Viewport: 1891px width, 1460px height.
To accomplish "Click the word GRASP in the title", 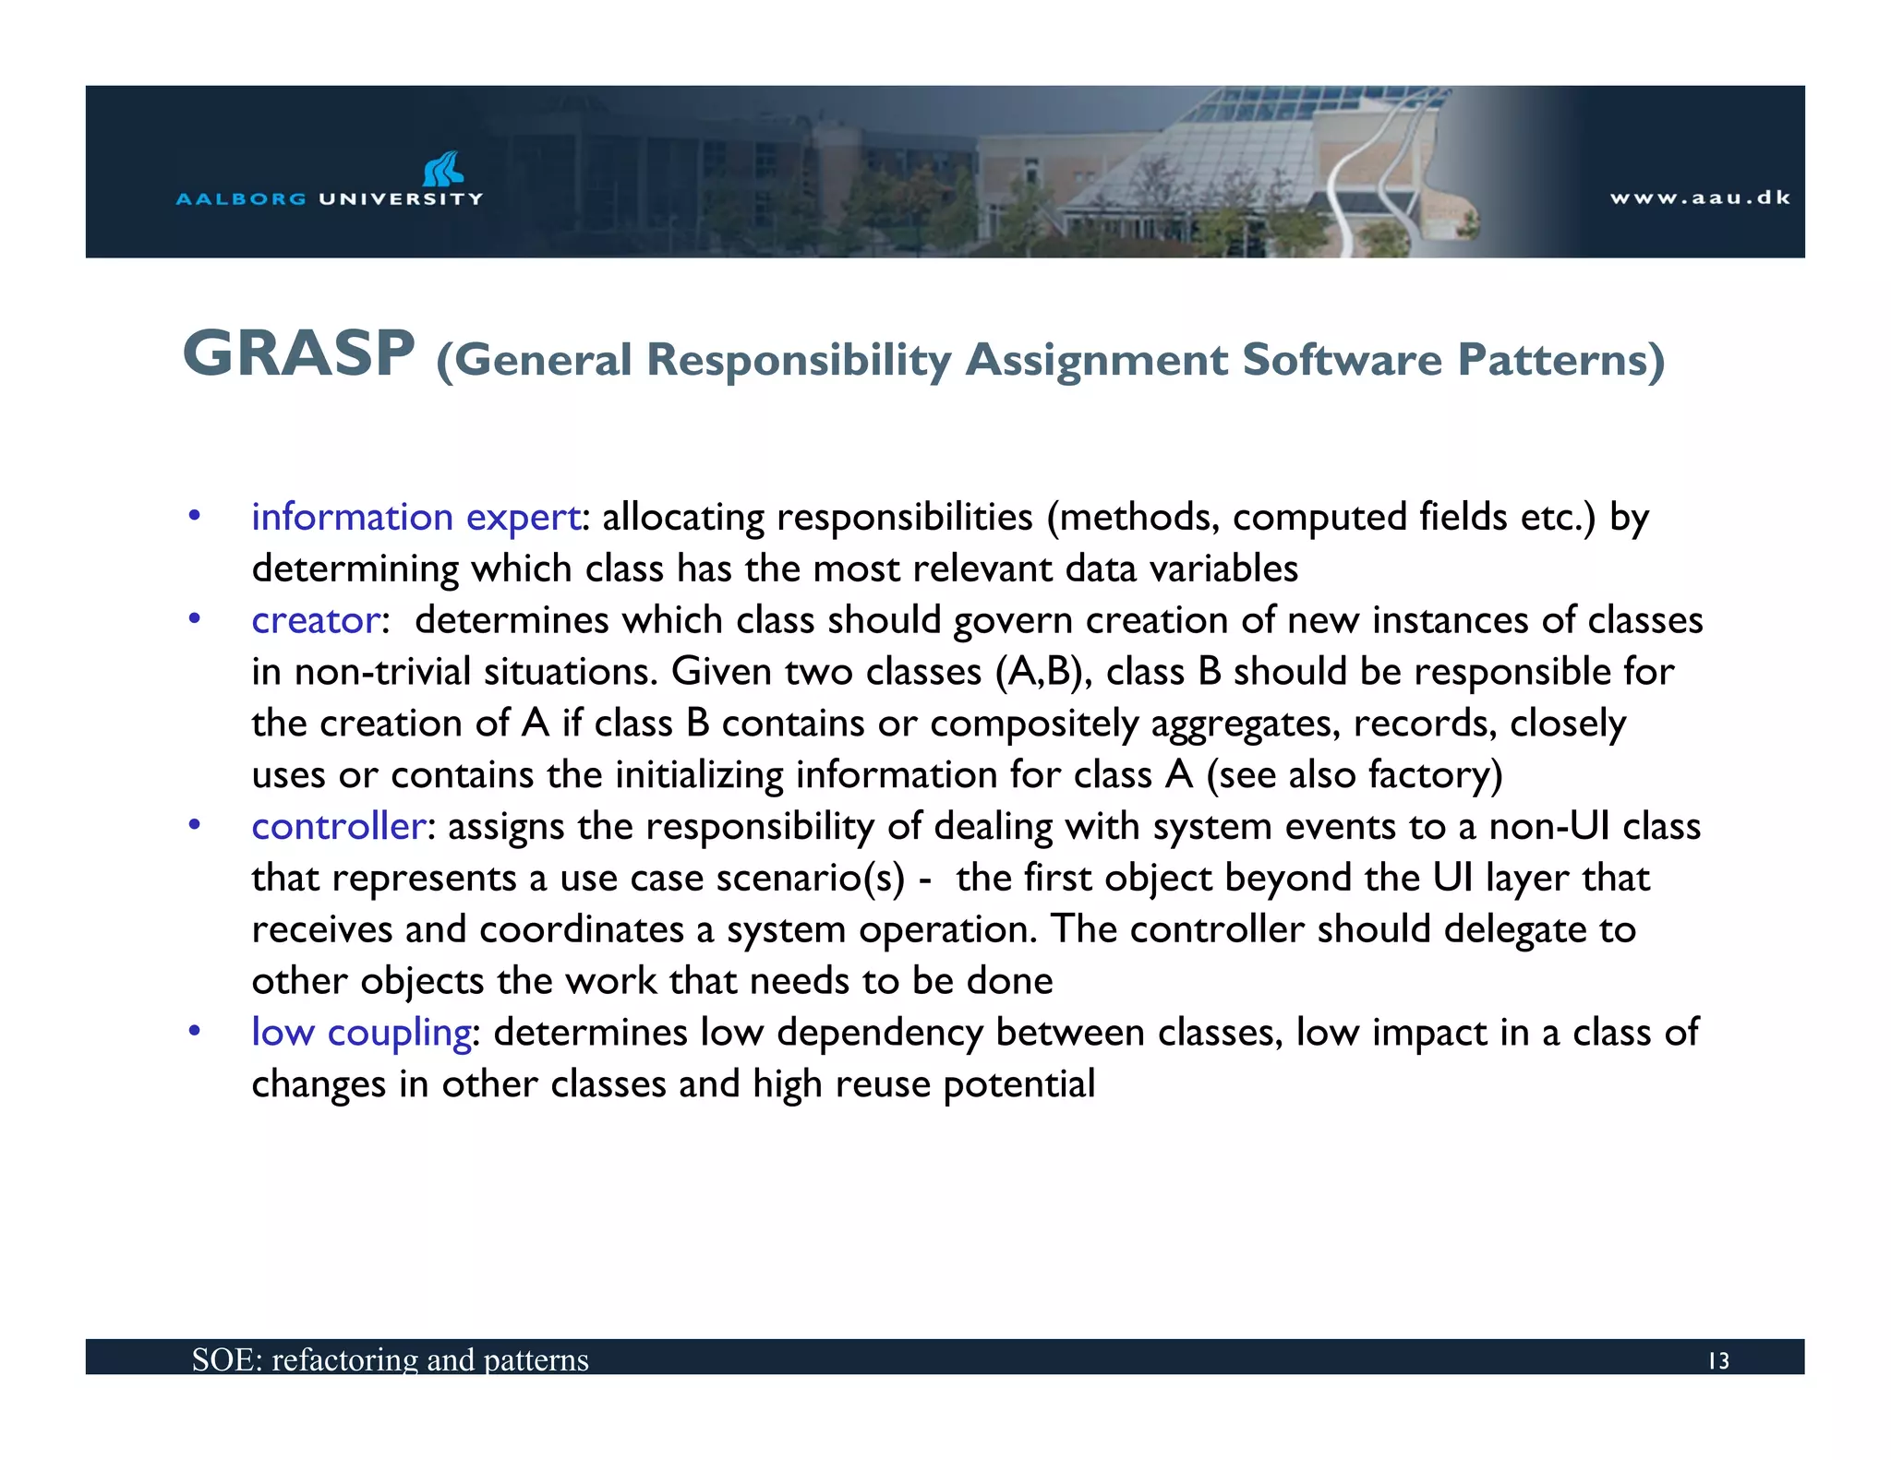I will [x=298, y=353].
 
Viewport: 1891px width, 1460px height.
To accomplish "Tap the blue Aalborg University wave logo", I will [x=442, y=168].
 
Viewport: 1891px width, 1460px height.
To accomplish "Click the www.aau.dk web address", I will [x=1700, y=197].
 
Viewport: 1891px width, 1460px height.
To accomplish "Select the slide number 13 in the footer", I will [x=1717, y=1360].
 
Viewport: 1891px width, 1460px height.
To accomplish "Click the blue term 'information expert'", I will [x=416, y=517].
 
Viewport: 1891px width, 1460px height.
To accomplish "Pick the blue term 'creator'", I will [x=316, y=620].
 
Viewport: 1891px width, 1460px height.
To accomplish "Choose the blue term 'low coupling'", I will [x=361, y=1033].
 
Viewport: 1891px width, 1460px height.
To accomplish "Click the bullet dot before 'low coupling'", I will [x=194, y=1031].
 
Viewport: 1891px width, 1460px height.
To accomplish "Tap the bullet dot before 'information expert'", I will [x=194, y=515].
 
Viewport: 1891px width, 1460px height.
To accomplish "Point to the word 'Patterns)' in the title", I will [x=1560, y=360].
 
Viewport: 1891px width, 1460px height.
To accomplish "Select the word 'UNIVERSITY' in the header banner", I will [x=401, y=198].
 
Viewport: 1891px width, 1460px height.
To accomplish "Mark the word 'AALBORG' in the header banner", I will [x=241, y=198].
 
